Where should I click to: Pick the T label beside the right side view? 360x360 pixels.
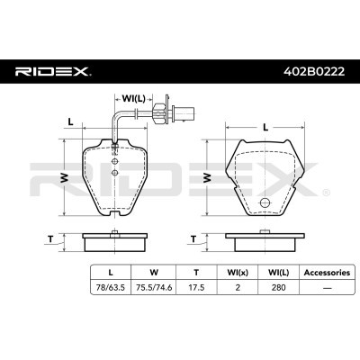[x=195, y=238]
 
